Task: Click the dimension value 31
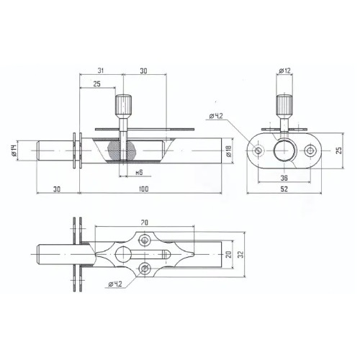tap(100, 71)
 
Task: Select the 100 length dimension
tap(143, 189)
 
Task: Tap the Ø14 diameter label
tap(14, 151)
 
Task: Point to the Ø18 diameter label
tap(229, 151)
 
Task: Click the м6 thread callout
tap(139, 172)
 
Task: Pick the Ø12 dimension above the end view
tap(285, 71)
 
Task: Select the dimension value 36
tap(284, 178)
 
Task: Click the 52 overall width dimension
tap(284, 189)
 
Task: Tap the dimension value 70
tap(144, 222)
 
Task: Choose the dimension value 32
tap(241, 254)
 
